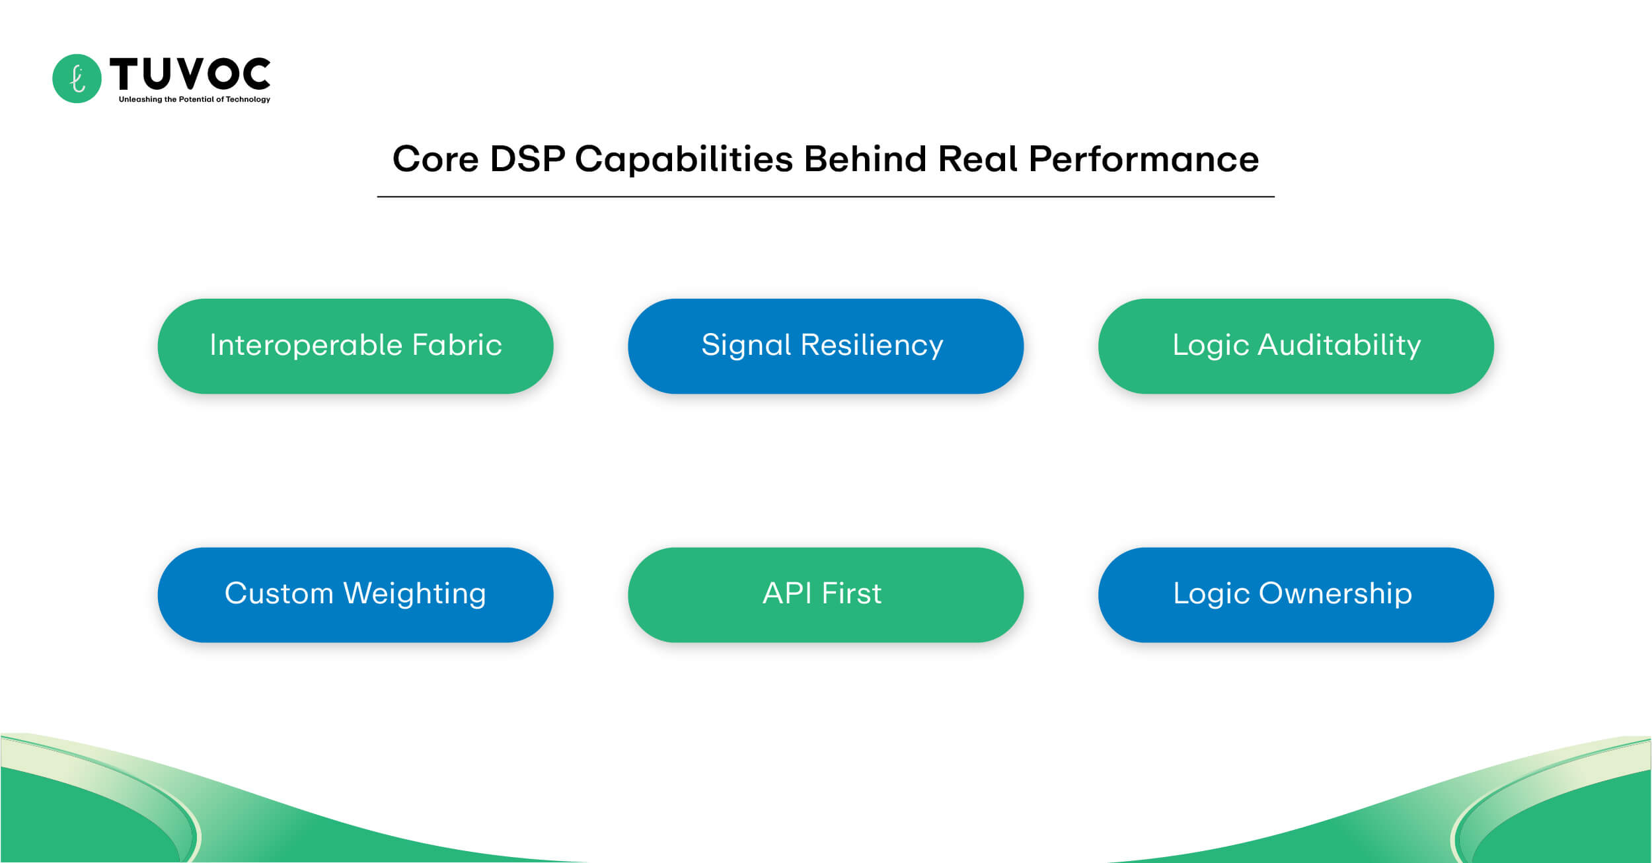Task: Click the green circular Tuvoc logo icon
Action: pyautogui.click(x=77, y=79)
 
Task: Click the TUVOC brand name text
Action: pyautogui.click(x=190, y=73)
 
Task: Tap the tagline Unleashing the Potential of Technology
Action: pyautogui.click(x=194, y=100)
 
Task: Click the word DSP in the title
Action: pyautogui.click(x=527, y=159)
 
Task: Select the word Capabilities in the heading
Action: pyautogui.click(x=684, y=159)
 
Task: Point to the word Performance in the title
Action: pyautogui.click(x=1144, y=159)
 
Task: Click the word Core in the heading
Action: pyautogui.click(x=435, y=159)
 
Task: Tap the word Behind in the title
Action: pyautogui.click(x=865, y=159)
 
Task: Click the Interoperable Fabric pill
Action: pyautogui.click(x=356, y=346)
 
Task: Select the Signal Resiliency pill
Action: pyautogui.click(x=825, y=346)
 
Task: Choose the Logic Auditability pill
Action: pyautogui.click(x=1296, y=346)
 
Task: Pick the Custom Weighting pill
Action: pyautogui.click(x=356, y=595)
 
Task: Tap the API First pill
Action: pyautogui.click(x=825, y=595)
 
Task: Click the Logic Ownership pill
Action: pyautogui.click(x=1296, y=595)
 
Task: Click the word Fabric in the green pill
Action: pyautogui.click(x=457, y=345)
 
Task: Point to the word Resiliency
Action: pyautogui.click(x=872, y=345)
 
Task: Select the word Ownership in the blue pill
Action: pyautogui.click(x=1335, y=593)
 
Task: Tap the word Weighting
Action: pyautogui.click(x=415, y=593)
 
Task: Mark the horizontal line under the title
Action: pyautogui.click(x=825, y=197)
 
